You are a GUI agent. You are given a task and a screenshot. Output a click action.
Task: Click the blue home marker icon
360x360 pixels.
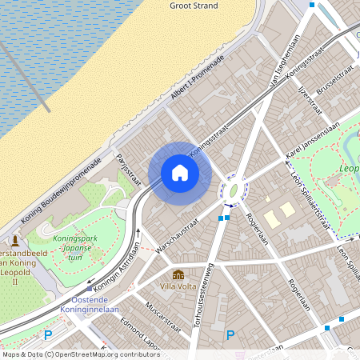180,172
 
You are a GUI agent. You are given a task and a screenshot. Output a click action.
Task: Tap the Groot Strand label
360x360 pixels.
194,6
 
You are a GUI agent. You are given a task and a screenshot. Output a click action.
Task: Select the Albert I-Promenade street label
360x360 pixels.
198,80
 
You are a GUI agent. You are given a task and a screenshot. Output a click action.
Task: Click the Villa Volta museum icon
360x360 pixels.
178,274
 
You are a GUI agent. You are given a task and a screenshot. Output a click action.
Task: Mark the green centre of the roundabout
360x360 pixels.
233,190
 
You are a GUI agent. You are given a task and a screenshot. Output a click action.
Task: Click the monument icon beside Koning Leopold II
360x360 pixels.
14,242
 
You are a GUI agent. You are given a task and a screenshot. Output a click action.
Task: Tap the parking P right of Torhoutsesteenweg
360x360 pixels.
231,335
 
